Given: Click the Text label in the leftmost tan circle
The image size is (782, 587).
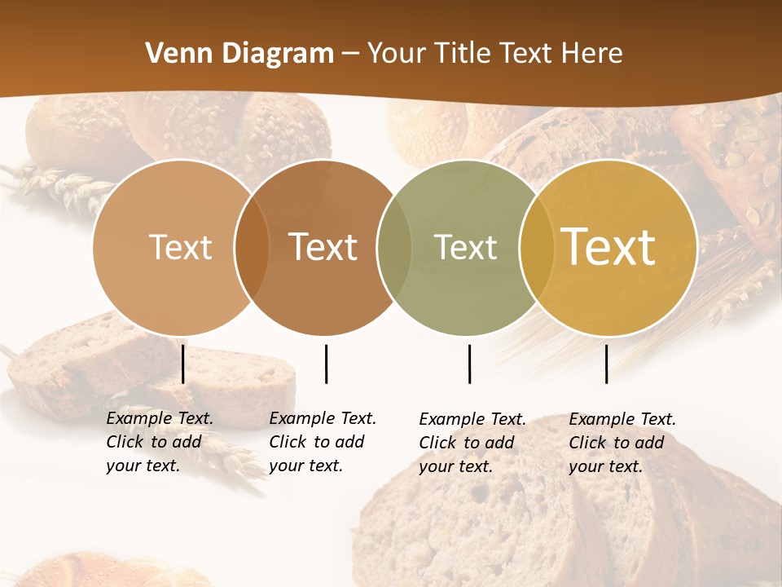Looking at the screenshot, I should [x=180, y=247].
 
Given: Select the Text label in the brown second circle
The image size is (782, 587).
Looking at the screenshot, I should [x=323, y=247].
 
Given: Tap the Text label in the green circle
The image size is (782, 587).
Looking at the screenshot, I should [x=465, y=247].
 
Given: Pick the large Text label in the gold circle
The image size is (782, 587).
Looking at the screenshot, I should [x=608, y=247].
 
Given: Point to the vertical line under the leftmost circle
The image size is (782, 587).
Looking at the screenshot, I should [x=183, y=364].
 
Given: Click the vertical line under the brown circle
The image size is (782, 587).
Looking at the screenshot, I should [x=326, y=364].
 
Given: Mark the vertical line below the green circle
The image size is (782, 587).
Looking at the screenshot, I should [x=469, y=364].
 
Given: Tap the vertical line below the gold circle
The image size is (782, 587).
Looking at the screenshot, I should [x=606, y=364].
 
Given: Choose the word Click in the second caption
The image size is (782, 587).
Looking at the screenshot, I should [x=288, y=442].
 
